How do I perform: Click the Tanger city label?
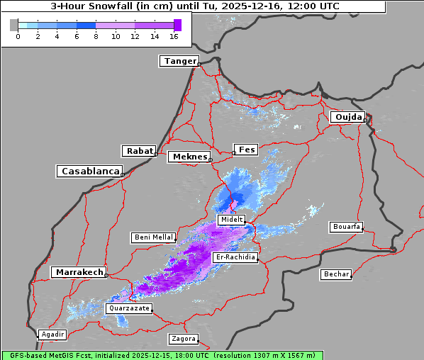(179, 61)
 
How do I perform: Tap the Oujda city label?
(347, 117)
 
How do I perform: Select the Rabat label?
(139, 151)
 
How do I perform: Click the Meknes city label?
(189, 157)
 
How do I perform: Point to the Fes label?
(246, 150)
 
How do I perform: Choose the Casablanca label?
(89, 171)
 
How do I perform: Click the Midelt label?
(231, 220)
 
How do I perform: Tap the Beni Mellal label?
(153, 237)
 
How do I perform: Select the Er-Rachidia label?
(235, 257)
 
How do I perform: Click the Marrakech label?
(78, 272)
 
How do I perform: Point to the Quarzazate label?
(128, 309)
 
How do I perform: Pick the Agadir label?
(52, 334)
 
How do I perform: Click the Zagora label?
(183, 339)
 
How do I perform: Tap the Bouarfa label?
(346, 227)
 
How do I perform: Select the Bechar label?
(336, 274)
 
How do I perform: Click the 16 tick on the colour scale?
(174, 36)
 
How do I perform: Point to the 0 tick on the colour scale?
(18, 36)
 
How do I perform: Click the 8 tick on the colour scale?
(96, 36)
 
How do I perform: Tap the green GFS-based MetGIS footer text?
(162, 355)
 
